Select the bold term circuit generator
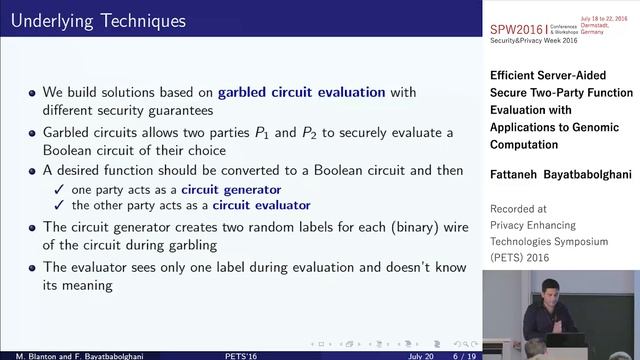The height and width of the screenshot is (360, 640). [230, 189]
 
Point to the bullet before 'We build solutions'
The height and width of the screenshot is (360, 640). [33, 93]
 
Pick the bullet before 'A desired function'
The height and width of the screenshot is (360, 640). [33, 171]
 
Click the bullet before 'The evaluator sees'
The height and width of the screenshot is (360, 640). [33, 267]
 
